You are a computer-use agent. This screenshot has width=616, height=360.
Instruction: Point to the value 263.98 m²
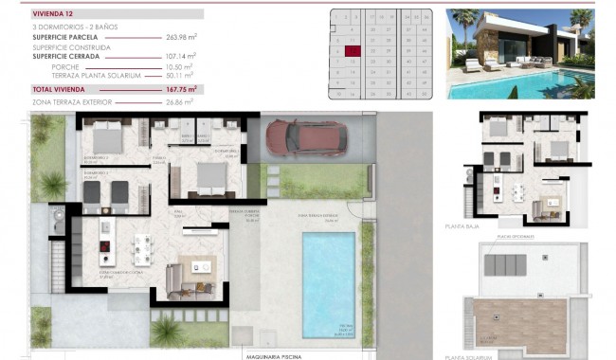(180, 37)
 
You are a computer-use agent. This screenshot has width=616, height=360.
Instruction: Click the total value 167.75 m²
(179, 89)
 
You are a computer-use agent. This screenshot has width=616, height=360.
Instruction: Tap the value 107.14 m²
(180, 57)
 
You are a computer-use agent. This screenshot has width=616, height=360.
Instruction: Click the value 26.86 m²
(180, 100)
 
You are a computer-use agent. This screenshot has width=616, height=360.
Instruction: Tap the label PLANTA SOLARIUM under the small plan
(469, 356)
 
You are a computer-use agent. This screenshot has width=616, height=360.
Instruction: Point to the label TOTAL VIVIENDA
(60, 89)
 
